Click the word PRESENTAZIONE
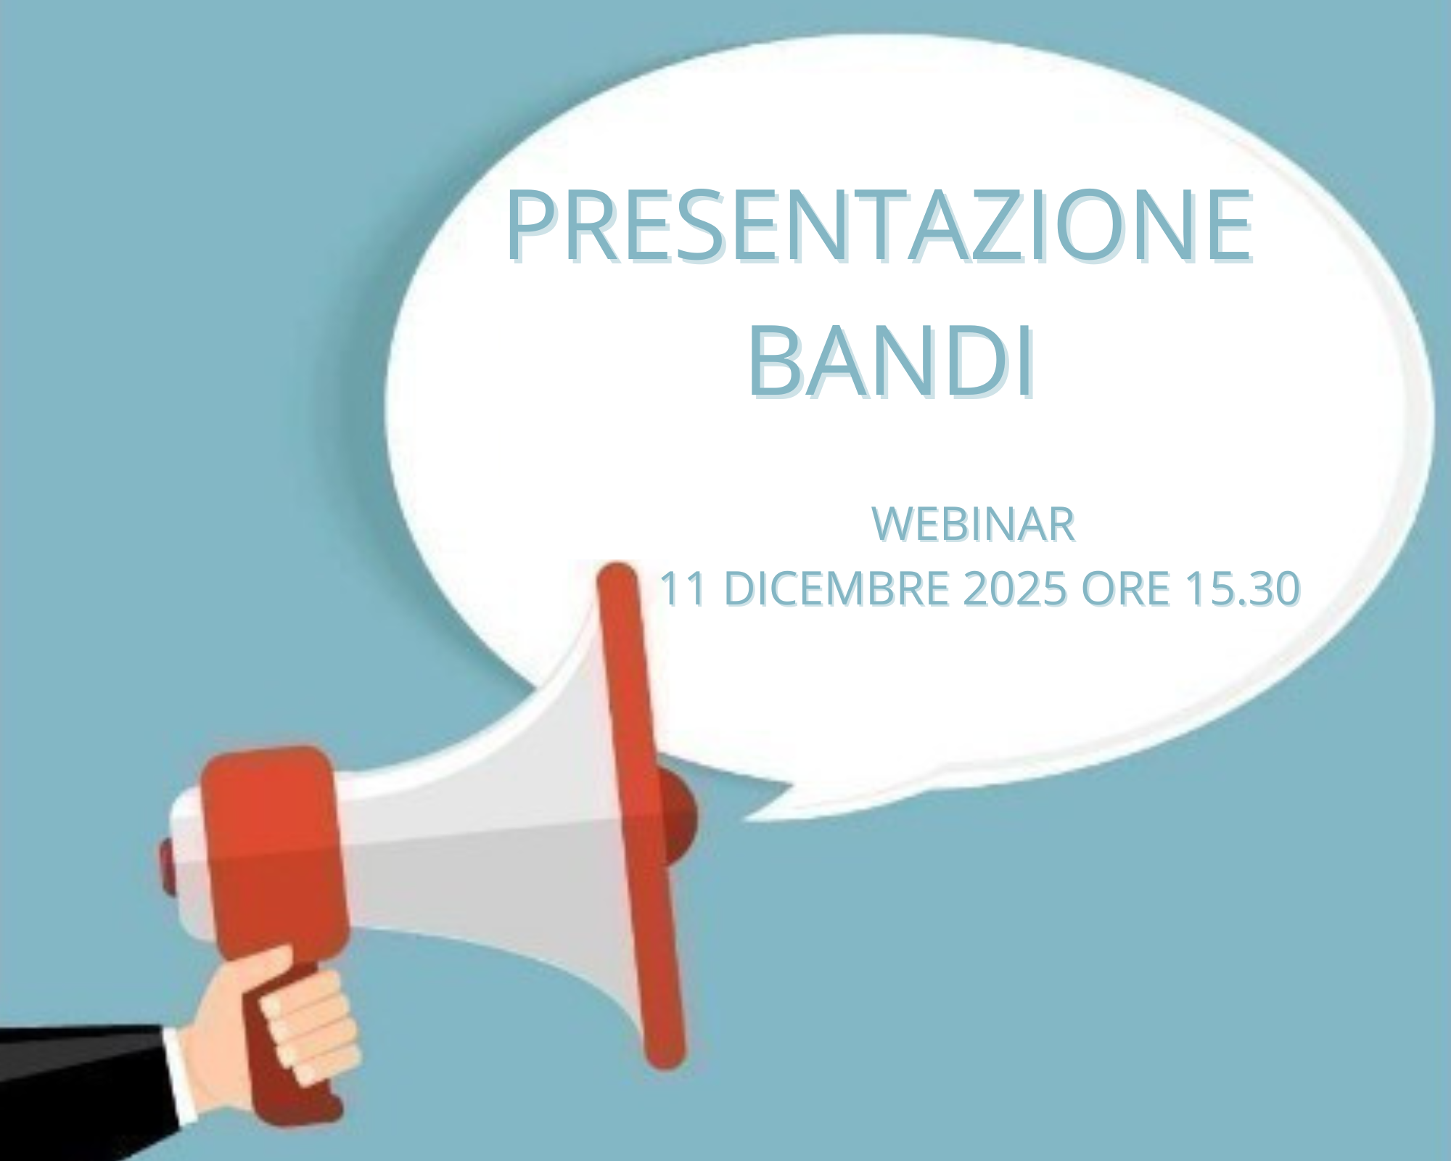click(880, 224)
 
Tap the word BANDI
click(892, 361)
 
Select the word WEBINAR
click(973, 524)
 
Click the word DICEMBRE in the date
click(837, 588)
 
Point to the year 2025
click(1015, 588)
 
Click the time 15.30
click(1242, 588)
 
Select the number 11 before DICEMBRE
click(683, 588)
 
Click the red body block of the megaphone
click(272, 856)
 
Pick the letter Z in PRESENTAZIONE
click(942, 224)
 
